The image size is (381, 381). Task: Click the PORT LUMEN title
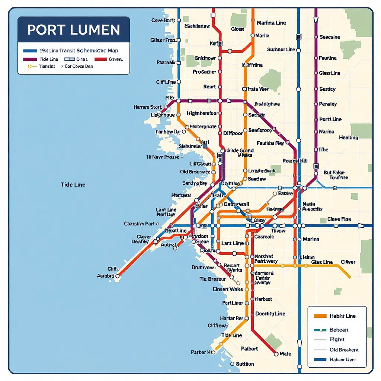(x=74, y=30)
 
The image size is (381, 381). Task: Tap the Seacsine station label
(x=330, y=37)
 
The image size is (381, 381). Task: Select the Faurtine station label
(x=328, y=58)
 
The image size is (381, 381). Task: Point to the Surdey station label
(x=327, y=89)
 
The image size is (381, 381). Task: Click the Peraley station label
(x=328, y=104)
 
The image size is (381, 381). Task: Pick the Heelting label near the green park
(x=349, y=138)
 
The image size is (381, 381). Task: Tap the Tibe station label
(x=323, y=150)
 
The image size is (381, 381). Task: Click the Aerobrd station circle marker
(x=118, y=276)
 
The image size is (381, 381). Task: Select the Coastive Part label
(x=139, y=224)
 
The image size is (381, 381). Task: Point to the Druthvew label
(x=203, y=268)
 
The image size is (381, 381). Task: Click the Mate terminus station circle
(x=276, y=354)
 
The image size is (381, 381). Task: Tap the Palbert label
(x=249, y=349)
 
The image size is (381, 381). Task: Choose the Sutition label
(x=245, y=364)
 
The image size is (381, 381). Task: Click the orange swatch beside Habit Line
(x=320, y=316)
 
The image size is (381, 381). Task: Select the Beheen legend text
(x=339, y=330)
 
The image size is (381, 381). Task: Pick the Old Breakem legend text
(x=344, y=350)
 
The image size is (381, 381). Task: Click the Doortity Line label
(x=270, y=314)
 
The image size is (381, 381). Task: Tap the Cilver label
(x=348, y=262)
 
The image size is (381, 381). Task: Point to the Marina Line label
(x=271, y=23)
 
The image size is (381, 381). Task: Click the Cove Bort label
(x=163, y=20)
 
